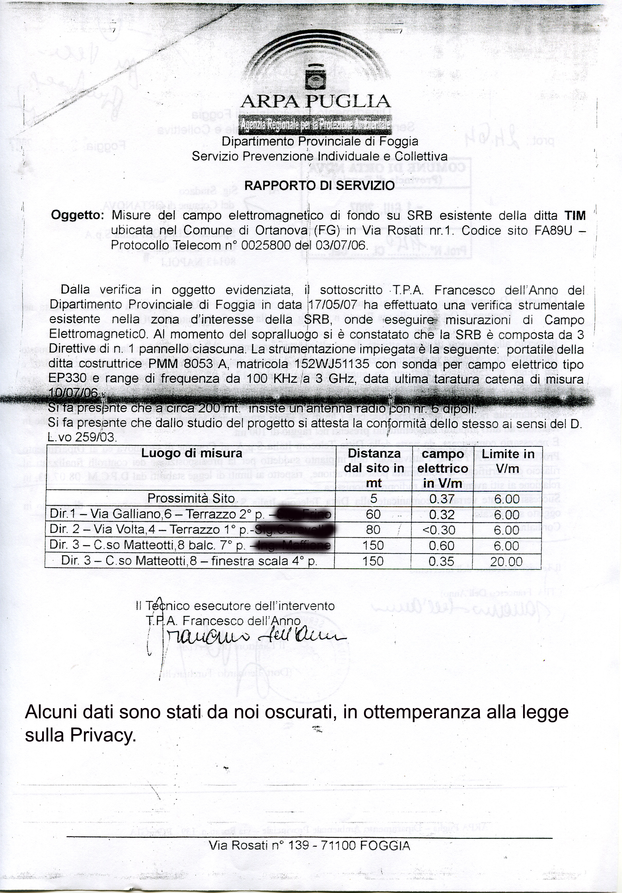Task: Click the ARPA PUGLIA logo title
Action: tap(315, 102)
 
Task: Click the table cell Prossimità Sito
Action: tap(191, 499)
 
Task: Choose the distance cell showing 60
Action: tap(373, 515)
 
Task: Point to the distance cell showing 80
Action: tap(373, 530)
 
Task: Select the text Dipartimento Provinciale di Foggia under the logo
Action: tap(320, 142)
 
